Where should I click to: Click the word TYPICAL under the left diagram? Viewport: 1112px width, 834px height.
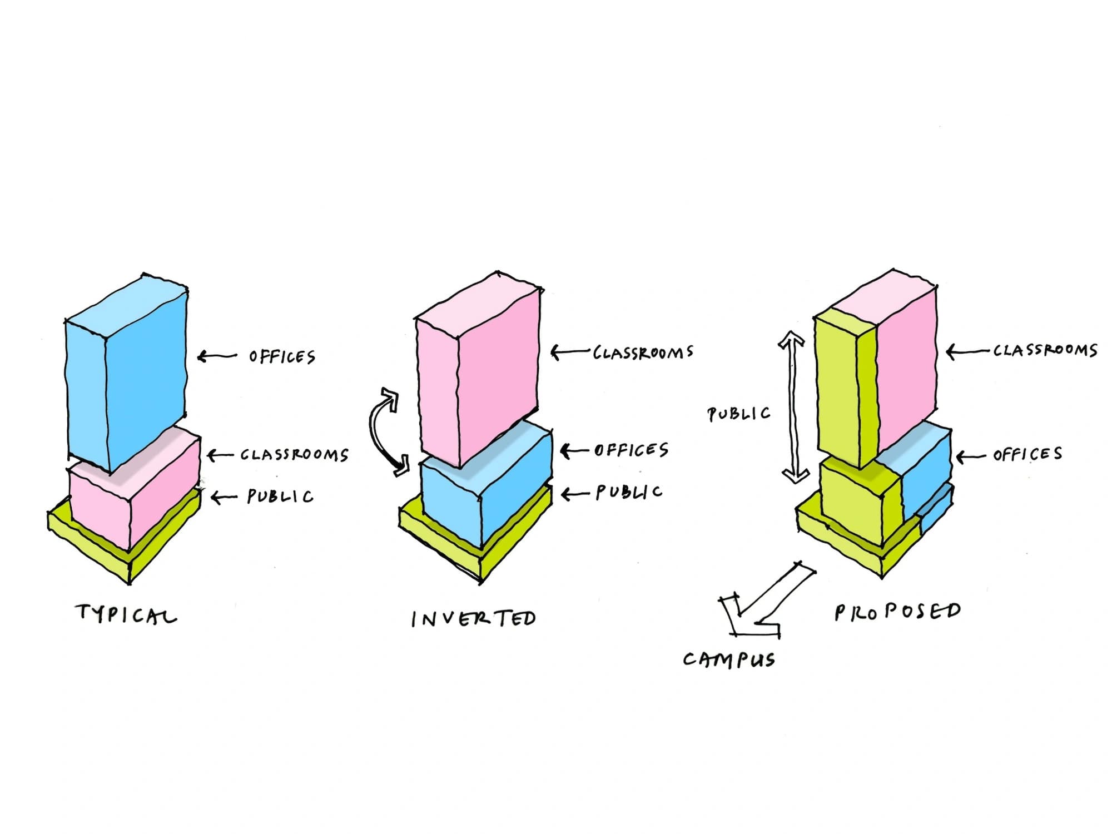(x=126, y=614)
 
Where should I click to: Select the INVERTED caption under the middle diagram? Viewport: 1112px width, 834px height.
(x=473, y=618)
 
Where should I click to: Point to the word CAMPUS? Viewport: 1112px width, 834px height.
(x=729, y=660)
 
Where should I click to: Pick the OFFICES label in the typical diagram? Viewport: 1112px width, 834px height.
(x=282, y=356)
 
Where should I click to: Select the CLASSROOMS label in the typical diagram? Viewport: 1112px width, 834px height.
(x=294, y=455)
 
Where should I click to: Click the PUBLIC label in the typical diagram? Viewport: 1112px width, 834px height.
(x=280, y=496)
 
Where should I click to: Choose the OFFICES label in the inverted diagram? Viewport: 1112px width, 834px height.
(x=631, y=450)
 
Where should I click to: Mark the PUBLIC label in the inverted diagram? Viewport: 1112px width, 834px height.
(x=629, y=492)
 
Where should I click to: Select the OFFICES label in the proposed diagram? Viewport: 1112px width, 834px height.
(x=1027, y=454)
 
